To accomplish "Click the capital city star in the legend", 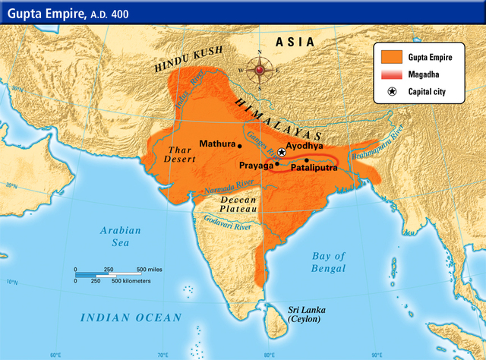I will (x=393, y=92).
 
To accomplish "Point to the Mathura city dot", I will (x=240, y=144).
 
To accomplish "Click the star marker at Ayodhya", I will (x=281, y=153).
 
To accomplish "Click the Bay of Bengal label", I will (x=328, y=262).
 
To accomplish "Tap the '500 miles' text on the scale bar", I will (x=150, y=270).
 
